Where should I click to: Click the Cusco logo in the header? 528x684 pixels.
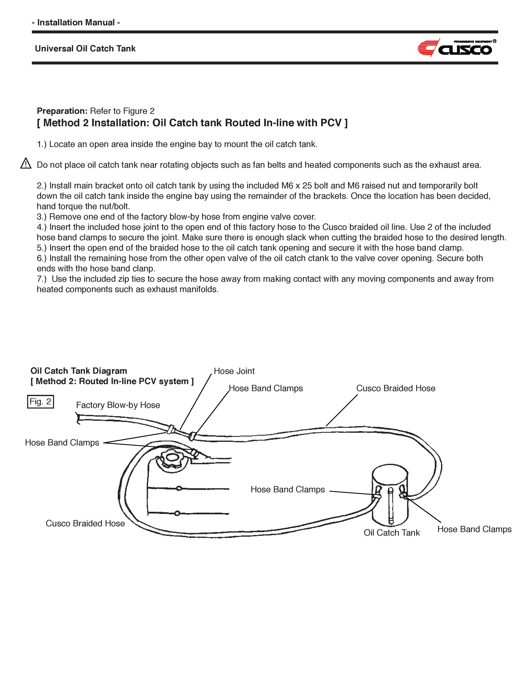pyautogui.click(x=457, y=48)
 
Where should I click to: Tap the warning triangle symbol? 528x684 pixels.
pyautogui.click(x=26, y=164)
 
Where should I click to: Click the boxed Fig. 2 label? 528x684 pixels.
pyautogui.click(x=40, y=402)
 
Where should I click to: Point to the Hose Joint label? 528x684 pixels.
pyautogui.click(x=234, y=371)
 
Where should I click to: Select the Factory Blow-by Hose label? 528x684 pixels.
pyautogui.click(x=118, y=405)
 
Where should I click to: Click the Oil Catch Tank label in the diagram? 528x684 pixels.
pyautogui.click(x=392, y=533)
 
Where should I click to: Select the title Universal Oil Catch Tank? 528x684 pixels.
pyautogui.click(x=85, y=49)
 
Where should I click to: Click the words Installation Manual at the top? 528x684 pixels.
pyautogui.click(x=76, y=23)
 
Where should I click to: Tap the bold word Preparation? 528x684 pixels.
pyautogui.click(x=62, y=111)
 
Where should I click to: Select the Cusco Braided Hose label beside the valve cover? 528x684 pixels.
pyautogui.click(x=85, y=524)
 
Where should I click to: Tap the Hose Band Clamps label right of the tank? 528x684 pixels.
pyautogui.click(x=474, y=529)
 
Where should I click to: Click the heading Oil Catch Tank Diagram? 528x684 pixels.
pyautogui.click(x=79, y=371)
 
